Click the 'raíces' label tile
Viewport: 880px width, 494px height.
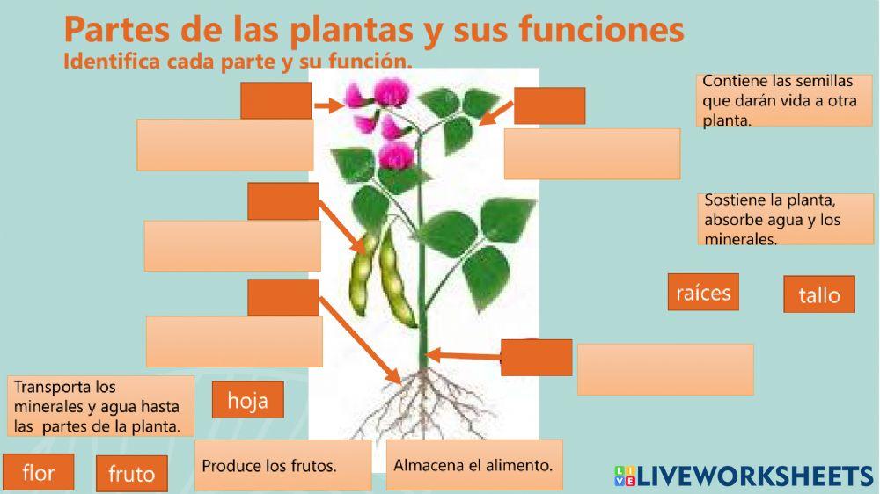tap(702, 292)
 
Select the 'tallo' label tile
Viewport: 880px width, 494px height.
tap(818, 294)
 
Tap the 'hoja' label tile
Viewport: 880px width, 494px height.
tap(247, 400)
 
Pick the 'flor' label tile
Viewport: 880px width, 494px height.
tap(38, 473)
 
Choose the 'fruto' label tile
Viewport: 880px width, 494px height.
tap(131, 474)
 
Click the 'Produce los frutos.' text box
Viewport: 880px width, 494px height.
tap(282, 465)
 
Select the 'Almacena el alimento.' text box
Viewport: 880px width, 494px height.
tap(473, 464)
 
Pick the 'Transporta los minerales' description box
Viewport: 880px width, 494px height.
tap(100, 406)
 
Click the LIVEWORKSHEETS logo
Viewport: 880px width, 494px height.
tap(744, 476)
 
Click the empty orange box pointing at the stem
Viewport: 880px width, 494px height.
tap(536, 357)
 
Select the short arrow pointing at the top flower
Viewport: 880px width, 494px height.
tap(327, 105)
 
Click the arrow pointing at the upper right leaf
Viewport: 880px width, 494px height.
tap(495, 113)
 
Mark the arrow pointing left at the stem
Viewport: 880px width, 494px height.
tap(463, 355)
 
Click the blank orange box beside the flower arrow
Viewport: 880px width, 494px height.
tap(275, 99)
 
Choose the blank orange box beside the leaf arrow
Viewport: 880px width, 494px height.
tap(549, 105)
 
